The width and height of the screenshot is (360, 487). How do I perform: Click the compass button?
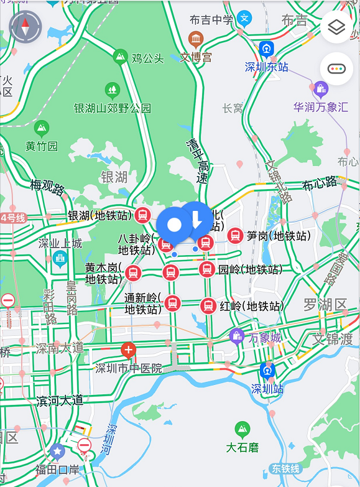click(25, 27)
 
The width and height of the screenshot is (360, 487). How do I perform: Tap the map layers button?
click(336, 27)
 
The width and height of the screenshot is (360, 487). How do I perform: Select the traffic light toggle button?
click(336, 68)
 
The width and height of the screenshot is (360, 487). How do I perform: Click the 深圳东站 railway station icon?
click(267, 49)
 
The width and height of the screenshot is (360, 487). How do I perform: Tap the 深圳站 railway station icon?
click(268, 371)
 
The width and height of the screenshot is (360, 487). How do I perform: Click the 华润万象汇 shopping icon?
click(321, 90)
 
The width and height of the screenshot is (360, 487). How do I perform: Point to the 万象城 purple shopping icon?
click(236, 336)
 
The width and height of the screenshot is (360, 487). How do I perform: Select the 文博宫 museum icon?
click(196, 40)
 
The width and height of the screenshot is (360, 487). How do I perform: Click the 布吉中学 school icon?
click(246, 18)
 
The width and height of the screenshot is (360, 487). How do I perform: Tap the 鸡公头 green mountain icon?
click(120, 58)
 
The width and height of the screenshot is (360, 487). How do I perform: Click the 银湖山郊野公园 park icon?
click(113, 90)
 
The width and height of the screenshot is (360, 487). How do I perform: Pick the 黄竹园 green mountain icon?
click(42, 129)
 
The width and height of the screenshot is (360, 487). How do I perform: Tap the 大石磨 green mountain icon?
click(242, 430)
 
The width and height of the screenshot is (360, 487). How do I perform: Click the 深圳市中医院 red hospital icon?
click(129, 350)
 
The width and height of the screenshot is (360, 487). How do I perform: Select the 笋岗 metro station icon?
click(234, 236)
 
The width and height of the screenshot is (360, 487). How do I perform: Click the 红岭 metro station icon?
click(208, 306)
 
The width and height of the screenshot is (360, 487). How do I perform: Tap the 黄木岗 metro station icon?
click(132, 273)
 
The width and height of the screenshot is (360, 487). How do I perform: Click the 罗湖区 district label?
click(325, 305)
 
